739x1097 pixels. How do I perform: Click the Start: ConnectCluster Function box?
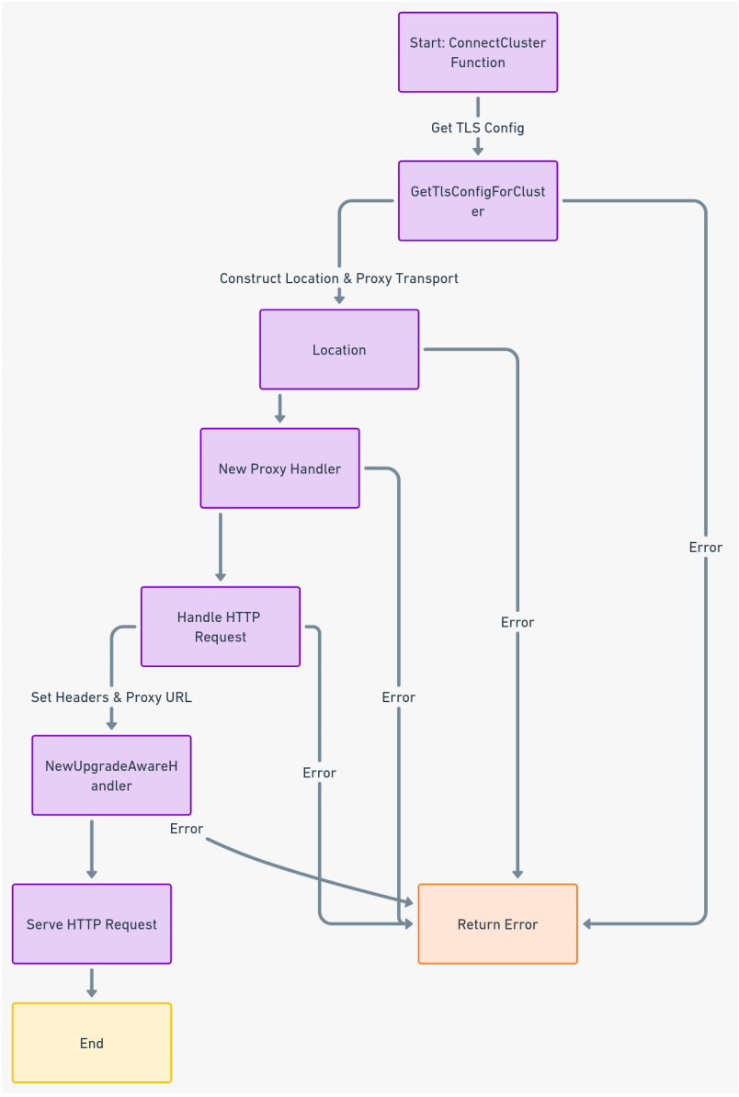point(477,52)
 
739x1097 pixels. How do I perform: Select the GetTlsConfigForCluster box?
point(477,200)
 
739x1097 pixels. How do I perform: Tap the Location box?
point(339,349)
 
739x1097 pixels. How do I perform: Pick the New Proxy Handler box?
point(279,469)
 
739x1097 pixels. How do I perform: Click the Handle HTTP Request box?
point(221,627)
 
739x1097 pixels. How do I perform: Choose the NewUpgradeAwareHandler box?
point(111,775)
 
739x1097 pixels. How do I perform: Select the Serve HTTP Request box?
point(92,924)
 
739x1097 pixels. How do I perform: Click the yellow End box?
point(92,1043)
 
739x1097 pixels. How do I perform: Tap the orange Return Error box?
point(497,924)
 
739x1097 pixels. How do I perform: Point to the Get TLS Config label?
point(477,128)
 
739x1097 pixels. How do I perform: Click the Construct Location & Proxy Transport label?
point(339,277)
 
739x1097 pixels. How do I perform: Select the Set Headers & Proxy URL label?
point(111,697)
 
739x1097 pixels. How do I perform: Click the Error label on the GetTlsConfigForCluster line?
point(706,548)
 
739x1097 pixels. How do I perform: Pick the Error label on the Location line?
point(517,622)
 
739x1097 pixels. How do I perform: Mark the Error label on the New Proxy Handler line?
point(399,697)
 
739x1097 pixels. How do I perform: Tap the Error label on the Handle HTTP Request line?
point(320,773)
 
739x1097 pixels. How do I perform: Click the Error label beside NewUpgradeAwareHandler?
point(187,829)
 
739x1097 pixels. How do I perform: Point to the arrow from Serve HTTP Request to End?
point(92,982)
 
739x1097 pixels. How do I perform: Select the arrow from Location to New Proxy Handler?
point(279,408)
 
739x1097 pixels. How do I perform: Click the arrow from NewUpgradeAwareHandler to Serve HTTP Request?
point(92,849)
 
